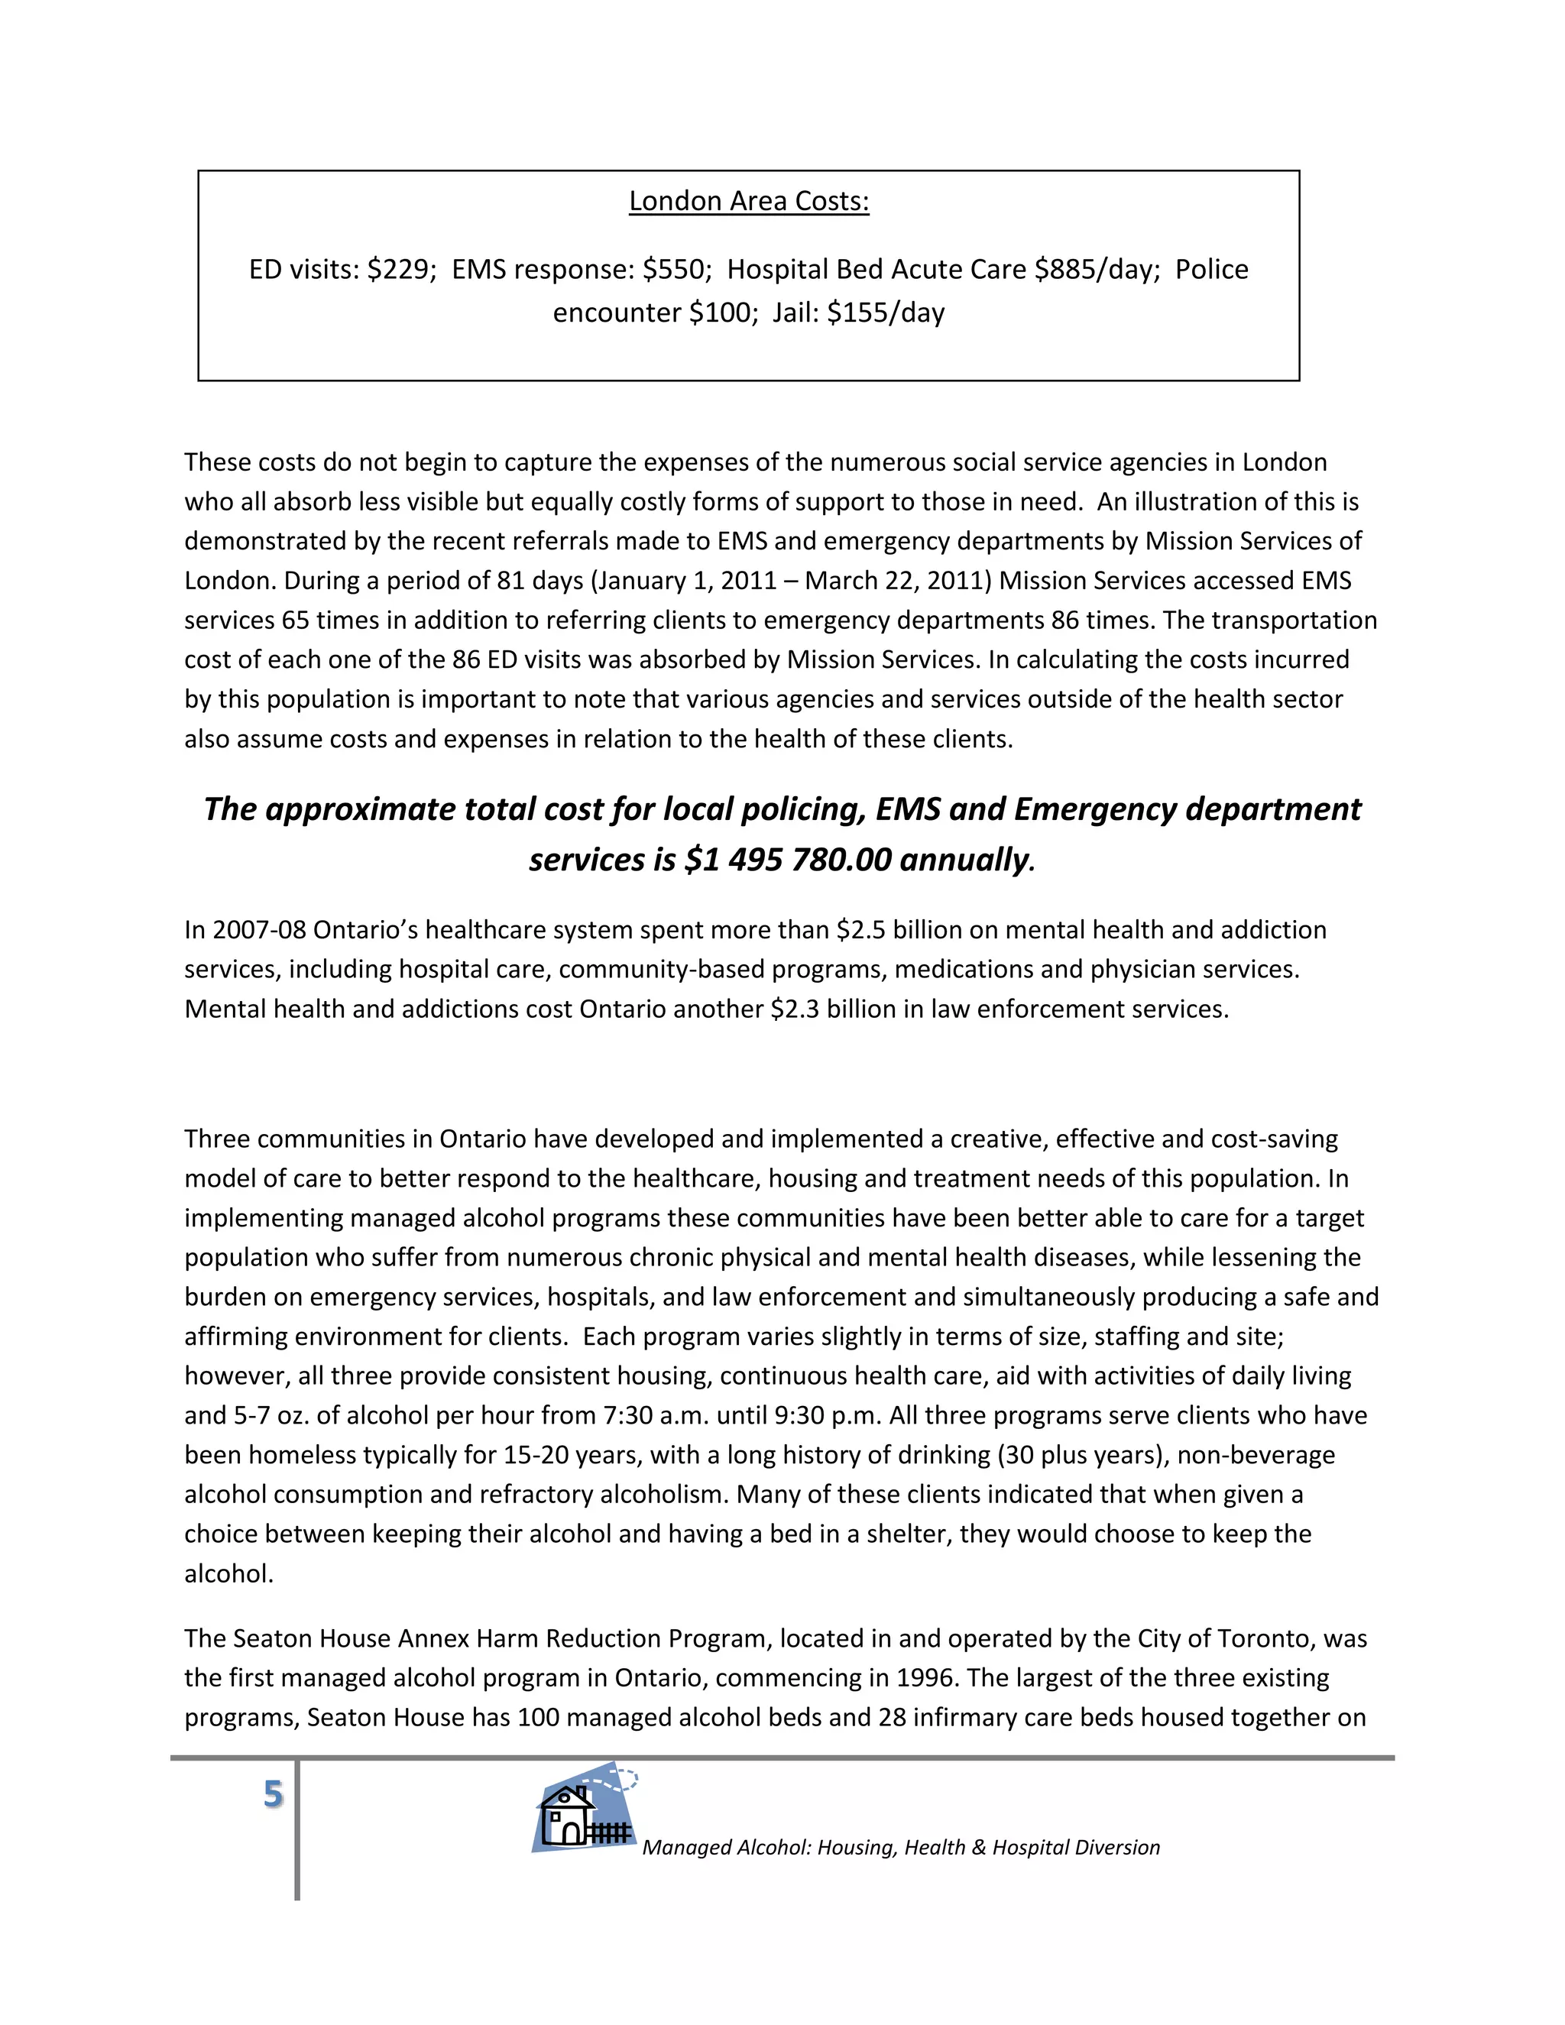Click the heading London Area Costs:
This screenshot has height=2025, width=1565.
click(x=748, y=201)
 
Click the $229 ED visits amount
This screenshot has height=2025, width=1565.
click(x=401, y=270)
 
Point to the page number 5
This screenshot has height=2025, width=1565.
click(x=273, y=1794)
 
